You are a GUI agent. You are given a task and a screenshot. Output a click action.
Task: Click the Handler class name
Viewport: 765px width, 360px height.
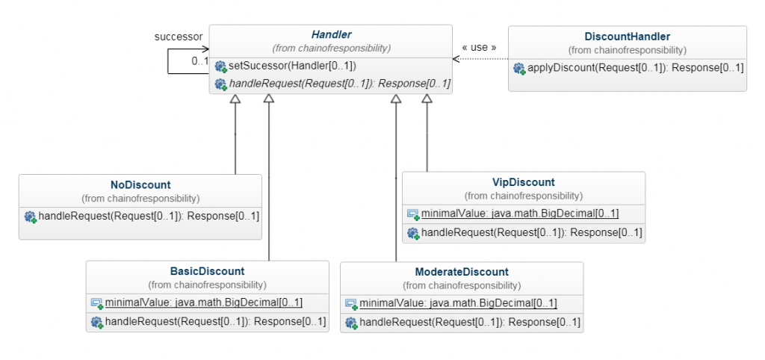(x=331, y=34)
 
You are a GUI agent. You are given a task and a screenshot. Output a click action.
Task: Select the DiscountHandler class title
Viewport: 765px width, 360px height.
(x=627, y=36)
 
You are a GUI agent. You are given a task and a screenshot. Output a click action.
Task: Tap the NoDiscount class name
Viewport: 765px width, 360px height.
(x=140, y=184)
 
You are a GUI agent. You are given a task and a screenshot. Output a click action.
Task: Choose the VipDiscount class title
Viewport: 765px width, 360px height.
(x=523, y=182)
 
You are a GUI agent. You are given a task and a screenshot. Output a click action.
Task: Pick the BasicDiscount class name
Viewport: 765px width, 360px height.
(x=207, y=271)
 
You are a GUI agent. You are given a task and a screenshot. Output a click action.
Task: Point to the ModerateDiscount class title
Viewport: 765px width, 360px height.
(x=462, y=272)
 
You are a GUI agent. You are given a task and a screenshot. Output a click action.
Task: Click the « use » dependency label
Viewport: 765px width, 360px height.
(x=480, y=47)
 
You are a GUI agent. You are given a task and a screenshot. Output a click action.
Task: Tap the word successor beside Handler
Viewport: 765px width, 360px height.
(x=178, y=36)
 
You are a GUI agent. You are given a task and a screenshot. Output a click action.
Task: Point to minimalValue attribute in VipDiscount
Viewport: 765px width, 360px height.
(x=519, y=214)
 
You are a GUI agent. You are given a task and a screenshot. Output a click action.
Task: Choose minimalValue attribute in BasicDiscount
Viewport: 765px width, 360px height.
(x=203, y=302)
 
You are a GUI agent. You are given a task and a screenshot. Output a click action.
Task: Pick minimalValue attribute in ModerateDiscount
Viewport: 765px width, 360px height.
(x=458, y=303)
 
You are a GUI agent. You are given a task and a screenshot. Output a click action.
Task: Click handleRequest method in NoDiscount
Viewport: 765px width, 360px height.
(x=148, y=217)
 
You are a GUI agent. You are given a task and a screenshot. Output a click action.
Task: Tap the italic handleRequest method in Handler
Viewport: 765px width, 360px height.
(x=339, y=84)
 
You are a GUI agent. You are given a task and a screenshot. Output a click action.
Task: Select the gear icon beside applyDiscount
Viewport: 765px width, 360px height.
(x=518, y=68)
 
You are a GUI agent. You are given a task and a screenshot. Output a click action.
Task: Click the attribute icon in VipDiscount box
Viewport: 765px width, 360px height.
(x=412, y=214)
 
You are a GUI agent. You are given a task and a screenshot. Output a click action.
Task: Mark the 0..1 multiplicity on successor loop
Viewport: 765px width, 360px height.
(x=199, y=61)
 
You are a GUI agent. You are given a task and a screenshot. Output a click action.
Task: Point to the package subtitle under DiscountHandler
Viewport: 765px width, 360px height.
(x=627, y=50)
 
